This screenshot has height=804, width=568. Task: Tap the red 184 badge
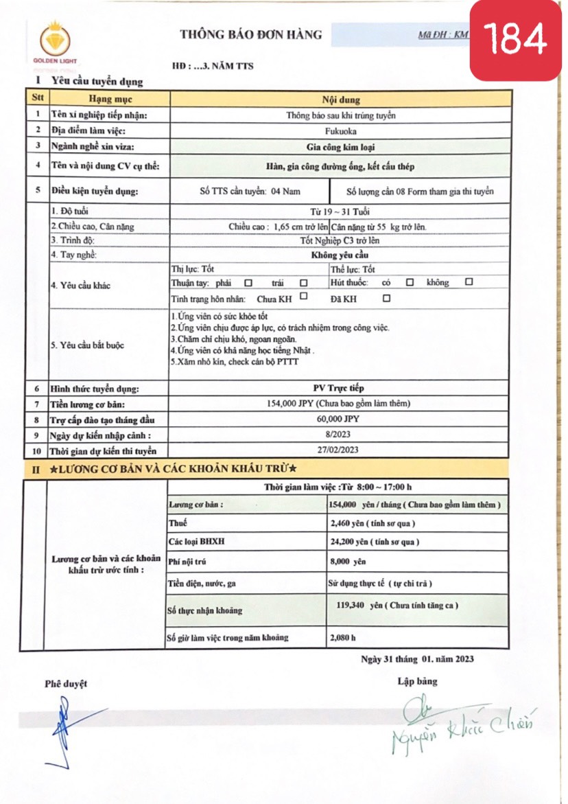point(514,40)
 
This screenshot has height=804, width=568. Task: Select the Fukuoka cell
point(340,130)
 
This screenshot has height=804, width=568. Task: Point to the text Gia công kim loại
point(340,146)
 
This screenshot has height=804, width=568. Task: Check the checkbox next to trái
point(303,283)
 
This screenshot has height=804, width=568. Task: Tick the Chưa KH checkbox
point(303,298)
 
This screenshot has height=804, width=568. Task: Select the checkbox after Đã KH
point(387,299)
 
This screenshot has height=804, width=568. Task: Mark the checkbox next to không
point(469,282)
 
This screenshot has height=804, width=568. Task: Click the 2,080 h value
point(343,637)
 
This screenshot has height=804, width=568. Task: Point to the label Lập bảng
point(416,682)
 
